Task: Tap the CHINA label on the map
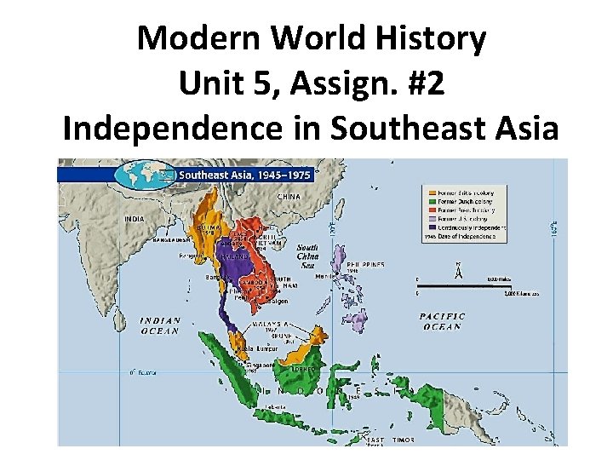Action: pyautogui.click(x=289, y=197)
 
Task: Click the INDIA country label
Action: pyautogui.click(x=135, y=219)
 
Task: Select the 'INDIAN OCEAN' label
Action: pyautogui.click(x=161, y=325)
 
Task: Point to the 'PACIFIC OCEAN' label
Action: pyautogui.click(x=442, y=321)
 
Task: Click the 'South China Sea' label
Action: pyautogui.click(x=307, y=253)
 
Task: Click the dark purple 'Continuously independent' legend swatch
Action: pyautogui.click(x=433, y=227)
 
